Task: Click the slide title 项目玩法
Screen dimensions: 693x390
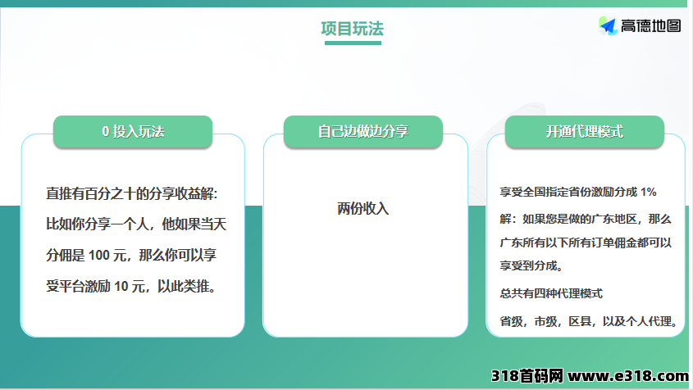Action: click(x=353, y=29)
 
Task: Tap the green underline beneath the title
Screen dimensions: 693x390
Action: click(x=353, y=43)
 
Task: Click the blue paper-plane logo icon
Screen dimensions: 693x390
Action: click(x=609, y=25)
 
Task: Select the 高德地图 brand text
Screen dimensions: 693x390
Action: click(x=650, y=25)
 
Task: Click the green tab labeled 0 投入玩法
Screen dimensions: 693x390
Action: click(x=133, y=131)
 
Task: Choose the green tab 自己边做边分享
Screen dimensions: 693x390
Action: click(x=362, y=131)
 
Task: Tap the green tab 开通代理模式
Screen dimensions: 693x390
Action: click(x=584, y=131)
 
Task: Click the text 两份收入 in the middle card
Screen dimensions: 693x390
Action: click(x=362, y=208)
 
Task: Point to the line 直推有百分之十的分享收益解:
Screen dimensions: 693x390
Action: click(x=132, y=193)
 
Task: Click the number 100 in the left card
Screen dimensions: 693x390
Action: click(x=99, y=256)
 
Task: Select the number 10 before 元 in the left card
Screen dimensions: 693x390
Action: click(x=121, y=287)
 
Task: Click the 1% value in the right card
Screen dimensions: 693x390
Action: click(x=649, y=192)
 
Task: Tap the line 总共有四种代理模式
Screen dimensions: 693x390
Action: click(x=551, y=293)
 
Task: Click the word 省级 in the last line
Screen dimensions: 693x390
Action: click(x=512, y=321)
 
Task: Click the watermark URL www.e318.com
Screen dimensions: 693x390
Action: click(x=628, y=376)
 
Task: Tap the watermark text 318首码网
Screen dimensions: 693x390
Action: click(x=527, y=376)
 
